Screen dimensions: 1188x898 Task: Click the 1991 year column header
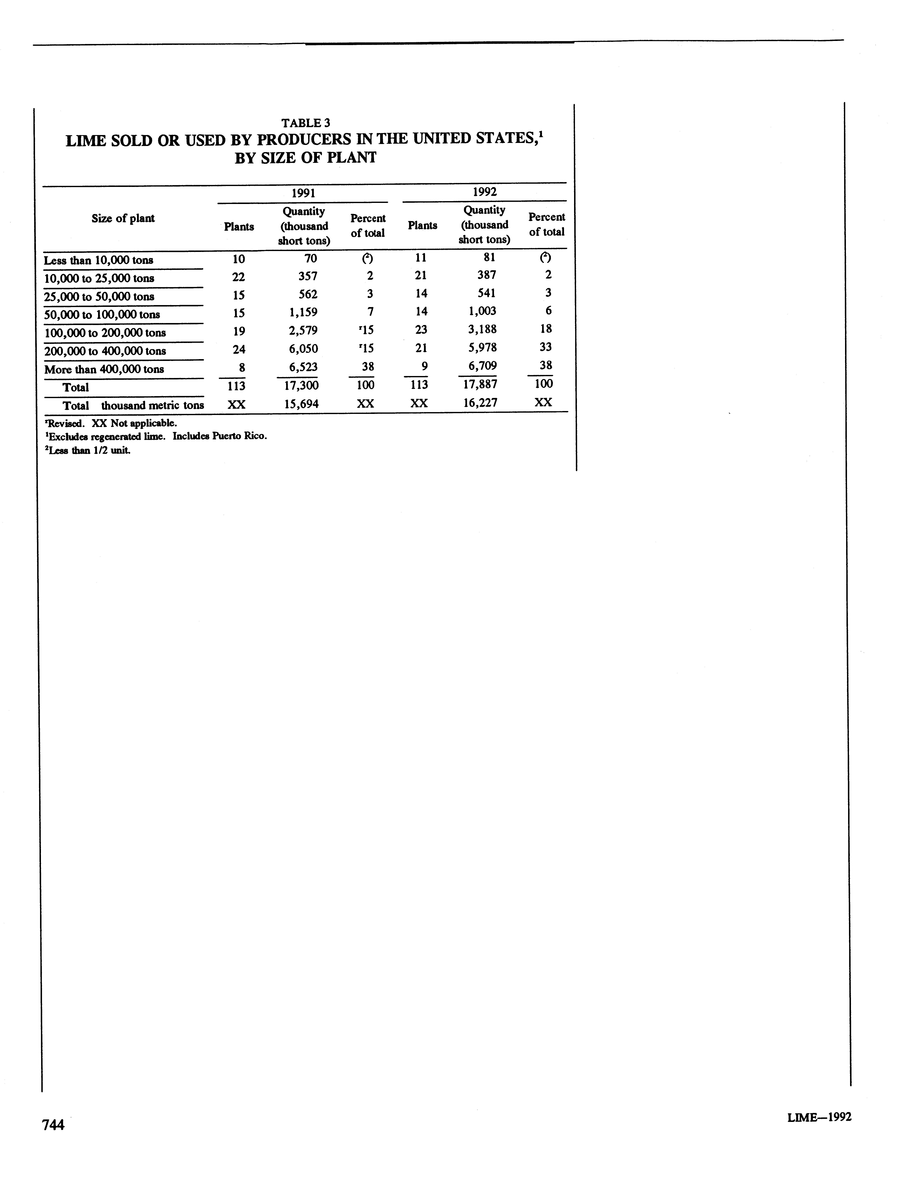303,193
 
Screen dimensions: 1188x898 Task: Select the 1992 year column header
484,192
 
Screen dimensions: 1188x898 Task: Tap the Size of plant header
123,218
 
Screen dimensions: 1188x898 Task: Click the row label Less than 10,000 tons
98,261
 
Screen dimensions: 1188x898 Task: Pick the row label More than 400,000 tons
104,370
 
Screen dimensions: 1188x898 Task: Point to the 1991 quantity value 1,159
303,312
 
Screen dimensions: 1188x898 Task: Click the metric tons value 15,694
301,404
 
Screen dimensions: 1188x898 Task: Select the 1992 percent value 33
546,347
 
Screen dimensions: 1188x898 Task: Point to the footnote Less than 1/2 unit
89,451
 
